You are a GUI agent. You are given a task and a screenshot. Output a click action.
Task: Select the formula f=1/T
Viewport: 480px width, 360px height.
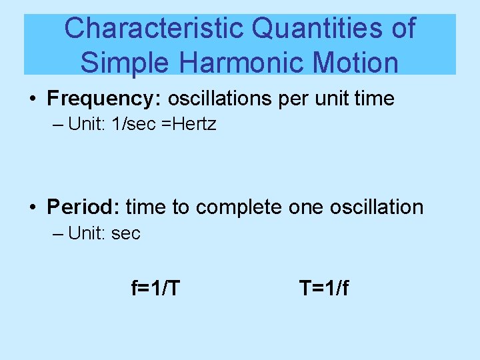(x=155, y=288)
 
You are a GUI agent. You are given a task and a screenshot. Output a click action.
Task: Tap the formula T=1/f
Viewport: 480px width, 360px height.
(x=324, y=288)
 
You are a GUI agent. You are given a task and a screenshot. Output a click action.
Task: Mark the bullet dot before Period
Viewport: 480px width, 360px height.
(x=33, y=208)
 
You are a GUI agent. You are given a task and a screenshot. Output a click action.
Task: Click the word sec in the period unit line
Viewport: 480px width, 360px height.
(x=127, y=234)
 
